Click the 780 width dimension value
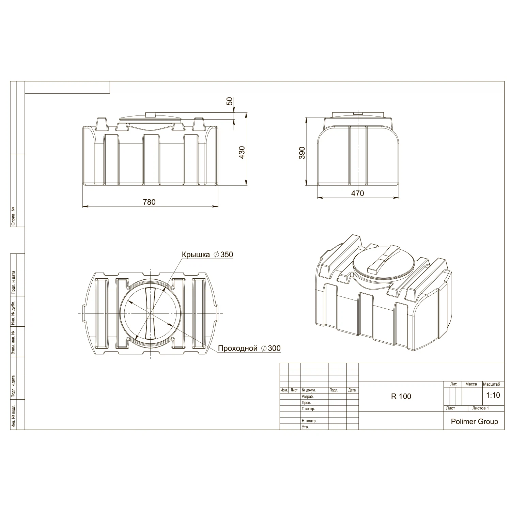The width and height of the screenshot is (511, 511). (149, 202)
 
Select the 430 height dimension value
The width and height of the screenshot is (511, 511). (242, 153)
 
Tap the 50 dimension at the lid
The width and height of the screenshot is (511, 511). (230, 101)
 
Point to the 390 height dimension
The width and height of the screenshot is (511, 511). (302, 153)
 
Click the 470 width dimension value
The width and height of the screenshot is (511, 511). (357, 193)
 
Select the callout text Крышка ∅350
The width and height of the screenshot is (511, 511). (207, 254)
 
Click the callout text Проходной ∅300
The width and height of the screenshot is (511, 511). (249, 348)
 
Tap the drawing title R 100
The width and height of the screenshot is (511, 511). (401, 396)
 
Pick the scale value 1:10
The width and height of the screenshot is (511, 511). (493, 395)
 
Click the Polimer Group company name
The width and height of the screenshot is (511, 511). (474, 421)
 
